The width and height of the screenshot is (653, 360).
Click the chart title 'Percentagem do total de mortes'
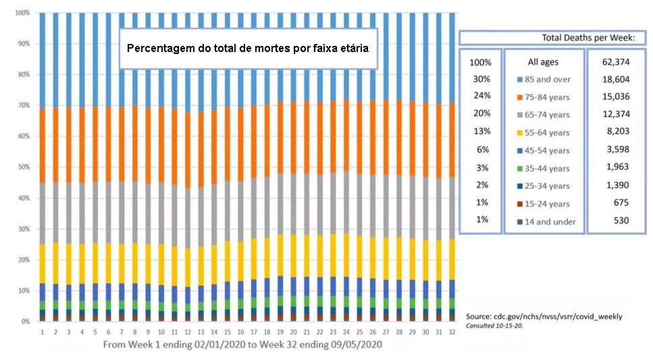[248, 49]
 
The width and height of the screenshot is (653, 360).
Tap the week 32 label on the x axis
[452, 332]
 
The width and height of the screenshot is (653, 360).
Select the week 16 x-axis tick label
[240, 332]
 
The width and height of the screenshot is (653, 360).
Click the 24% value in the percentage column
[481, 96]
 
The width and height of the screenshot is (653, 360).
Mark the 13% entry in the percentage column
[481, 131]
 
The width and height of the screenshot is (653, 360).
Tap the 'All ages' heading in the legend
[542, 62]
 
